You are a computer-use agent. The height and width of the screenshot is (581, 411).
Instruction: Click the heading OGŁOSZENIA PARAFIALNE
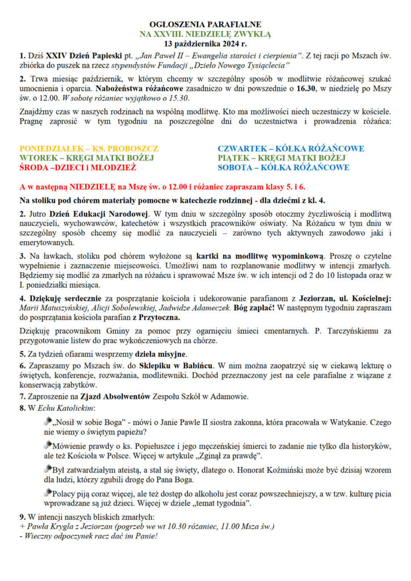point(205,25)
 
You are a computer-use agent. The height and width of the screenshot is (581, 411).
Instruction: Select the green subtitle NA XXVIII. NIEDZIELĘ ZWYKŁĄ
point(205,34)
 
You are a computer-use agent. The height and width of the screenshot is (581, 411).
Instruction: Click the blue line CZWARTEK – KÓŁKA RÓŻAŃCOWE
point(291,149)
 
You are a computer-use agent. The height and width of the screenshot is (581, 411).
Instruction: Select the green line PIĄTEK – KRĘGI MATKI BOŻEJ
point(282,158)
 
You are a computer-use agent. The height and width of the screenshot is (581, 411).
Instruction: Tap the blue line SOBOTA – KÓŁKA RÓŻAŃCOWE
point(283,167)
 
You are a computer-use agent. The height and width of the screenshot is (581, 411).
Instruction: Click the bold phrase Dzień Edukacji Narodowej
point(97,214)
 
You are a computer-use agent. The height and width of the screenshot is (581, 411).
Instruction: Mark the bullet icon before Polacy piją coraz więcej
point(47,491)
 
